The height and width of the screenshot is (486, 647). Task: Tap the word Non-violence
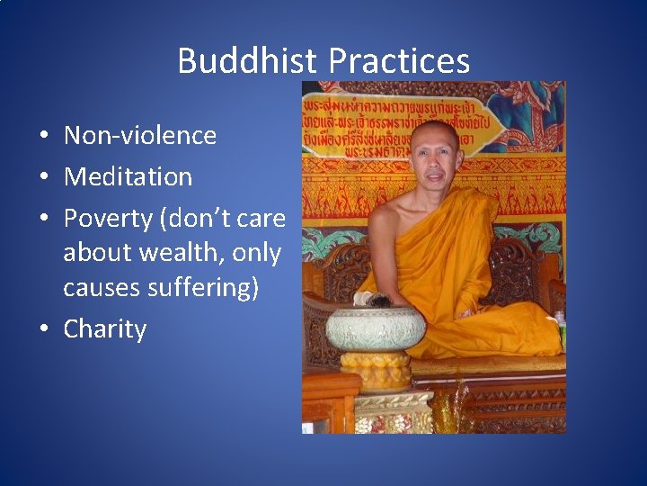pyautogui.click(x=140, y=136)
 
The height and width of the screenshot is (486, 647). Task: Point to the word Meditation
pyautogui.click(x=128, y=176)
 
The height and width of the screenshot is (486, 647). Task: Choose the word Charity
pyautogui.click(x=104, y=329)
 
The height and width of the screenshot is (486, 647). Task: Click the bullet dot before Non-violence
pyautogui.click(x=43, y=137)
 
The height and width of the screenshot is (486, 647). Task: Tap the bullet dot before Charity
pyautogui.click(x=43, y=330)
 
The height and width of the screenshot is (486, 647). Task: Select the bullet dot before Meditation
pyautogui.click(x=43, y=177)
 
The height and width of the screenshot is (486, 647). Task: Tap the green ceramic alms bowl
pyautogui.click(x=375, y=328)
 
